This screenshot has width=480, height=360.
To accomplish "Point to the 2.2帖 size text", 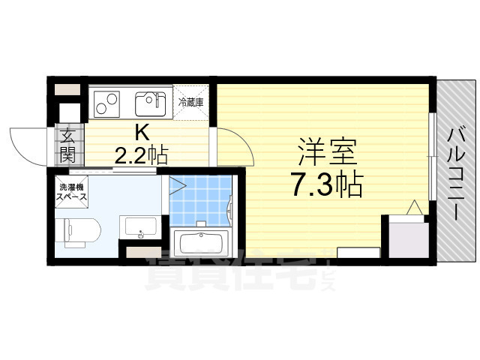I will (x=140, y=155).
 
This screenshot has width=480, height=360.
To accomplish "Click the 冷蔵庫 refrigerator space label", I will (x=191, y=100).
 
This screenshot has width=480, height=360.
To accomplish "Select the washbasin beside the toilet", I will (x=139, y=226).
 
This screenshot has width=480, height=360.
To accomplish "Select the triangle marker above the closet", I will (x=413, y=208).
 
